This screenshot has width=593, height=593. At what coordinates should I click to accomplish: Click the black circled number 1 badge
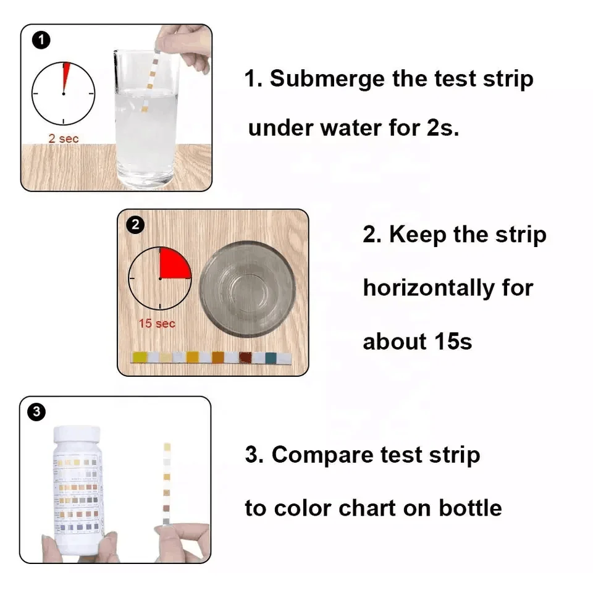(x=41, y=41)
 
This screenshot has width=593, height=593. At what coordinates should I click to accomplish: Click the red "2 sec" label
(x=64, y=138)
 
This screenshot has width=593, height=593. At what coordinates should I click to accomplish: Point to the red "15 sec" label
(x=157, y=323)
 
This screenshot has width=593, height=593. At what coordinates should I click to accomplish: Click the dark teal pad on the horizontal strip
(x=270, y=358)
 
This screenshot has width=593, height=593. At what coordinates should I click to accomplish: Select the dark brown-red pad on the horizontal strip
(x=245, y=358)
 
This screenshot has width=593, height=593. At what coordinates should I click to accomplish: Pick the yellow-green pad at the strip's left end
(x=140, y=358)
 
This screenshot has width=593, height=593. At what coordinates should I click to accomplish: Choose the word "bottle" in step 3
(x=470, y=508)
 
